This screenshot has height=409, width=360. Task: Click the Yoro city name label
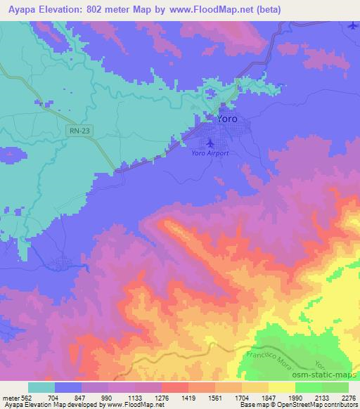(x=226, y=119)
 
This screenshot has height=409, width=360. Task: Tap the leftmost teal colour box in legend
(x=42, y=387)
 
